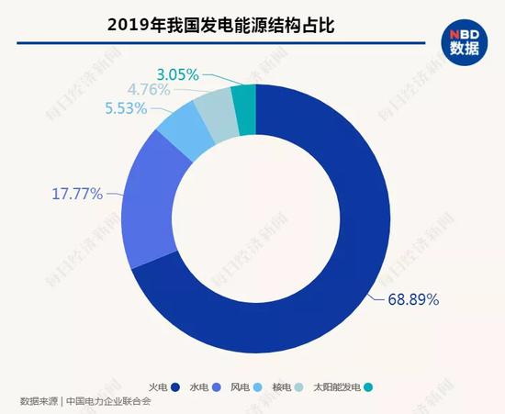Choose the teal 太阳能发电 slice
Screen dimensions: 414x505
pos(243,98)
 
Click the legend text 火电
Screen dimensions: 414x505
pos(157,386)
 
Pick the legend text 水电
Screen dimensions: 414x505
pos(199,386)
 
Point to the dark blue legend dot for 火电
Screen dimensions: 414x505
pos(174,386)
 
